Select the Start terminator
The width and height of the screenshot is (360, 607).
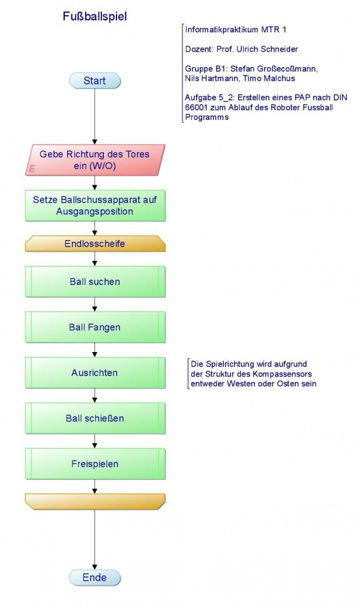pyautogui.click(x=95, y=81)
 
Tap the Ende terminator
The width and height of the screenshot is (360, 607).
pyautogui.click(x=95, y=578)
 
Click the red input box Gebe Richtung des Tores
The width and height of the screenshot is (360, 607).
pyautogui.click(x=95, y=160)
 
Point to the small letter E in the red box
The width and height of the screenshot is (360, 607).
pyautogui.click(x=32, y=170)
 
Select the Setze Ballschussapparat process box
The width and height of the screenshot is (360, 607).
pyautogui.click(x=95, y=206)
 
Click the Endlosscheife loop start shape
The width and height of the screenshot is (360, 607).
pyautogui.click(x=95, y=244)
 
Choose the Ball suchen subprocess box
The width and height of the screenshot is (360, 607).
pyautogui.click(x=95, y=281)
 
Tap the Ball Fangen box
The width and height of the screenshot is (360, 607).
pyautogui.click(x=95, y=327)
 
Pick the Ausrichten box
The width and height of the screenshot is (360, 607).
pyautogui.click(x=95, y=372)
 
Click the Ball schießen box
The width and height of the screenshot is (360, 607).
pyautogui.click(x=95, y=418)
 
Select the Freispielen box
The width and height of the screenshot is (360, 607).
pyautogui.click(x=95, y=464)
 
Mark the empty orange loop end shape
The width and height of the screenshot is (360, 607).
pyautogui.click(x=95, y=501)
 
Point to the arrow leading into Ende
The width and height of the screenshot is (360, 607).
pyautogui.click(x=95, y=540)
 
